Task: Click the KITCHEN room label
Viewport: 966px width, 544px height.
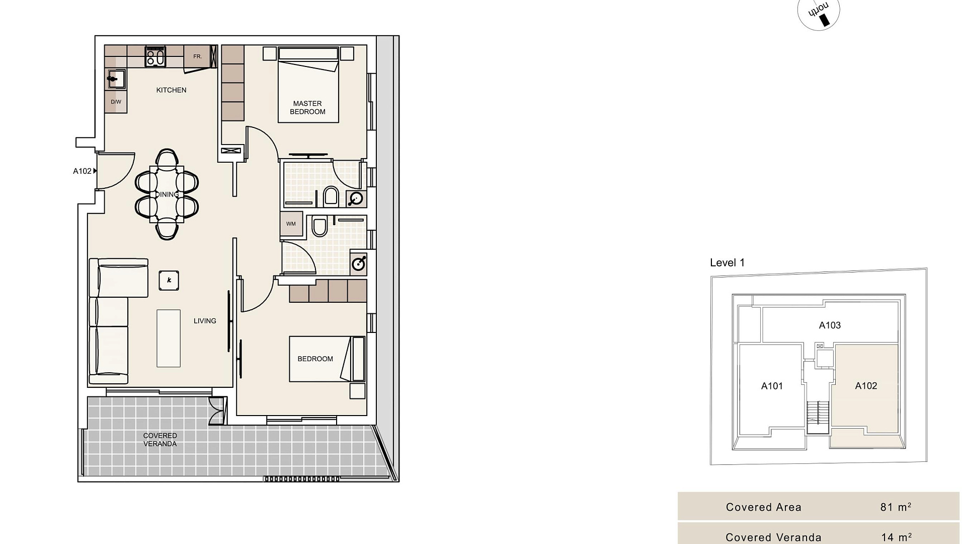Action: coord(171,90)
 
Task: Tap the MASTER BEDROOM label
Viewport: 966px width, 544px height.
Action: coord(307,108)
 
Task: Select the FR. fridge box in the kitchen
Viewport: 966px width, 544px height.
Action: coord(197,56)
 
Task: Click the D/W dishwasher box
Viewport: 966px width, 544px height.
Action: coord(116,102)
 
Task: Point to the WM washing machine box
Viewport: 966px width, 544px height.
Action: coord(291,224)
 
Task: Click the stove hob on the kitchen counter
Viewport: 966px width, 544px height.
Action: coord(155,56)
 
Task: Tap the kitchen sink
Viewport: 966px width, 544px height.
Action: coord(116,79)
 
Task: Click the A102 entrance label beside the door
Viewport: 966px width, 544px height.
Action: coord(82,171)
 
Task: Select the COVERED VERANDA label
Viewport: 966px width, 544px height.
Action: coord(160,440)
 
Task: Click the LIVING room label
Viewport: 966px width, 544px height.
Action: coord(205,321)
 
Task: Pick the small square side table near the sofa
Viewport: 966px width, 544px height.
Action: coord(169,281)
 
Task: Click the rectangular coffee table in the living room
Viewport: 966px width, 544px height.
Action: coord(169,338)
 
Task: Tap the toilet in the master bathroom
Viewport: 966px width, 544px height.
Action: coord(331,196)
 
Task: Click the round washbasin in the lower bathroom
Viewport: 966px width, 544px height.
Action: coord(359,263)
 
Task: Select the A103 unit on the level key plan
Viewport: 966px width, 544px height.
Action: coord(830,325)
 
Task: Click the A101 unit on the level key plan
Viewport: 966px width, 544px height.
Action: coord(772,386)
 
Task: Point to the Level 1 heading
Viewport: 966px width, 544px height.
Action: coord(727,262)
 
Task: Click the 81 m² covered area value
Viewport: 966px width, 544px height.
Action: coord(896,507)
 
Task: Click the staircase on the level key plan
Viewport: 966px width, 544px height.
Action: coord(818,417)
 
